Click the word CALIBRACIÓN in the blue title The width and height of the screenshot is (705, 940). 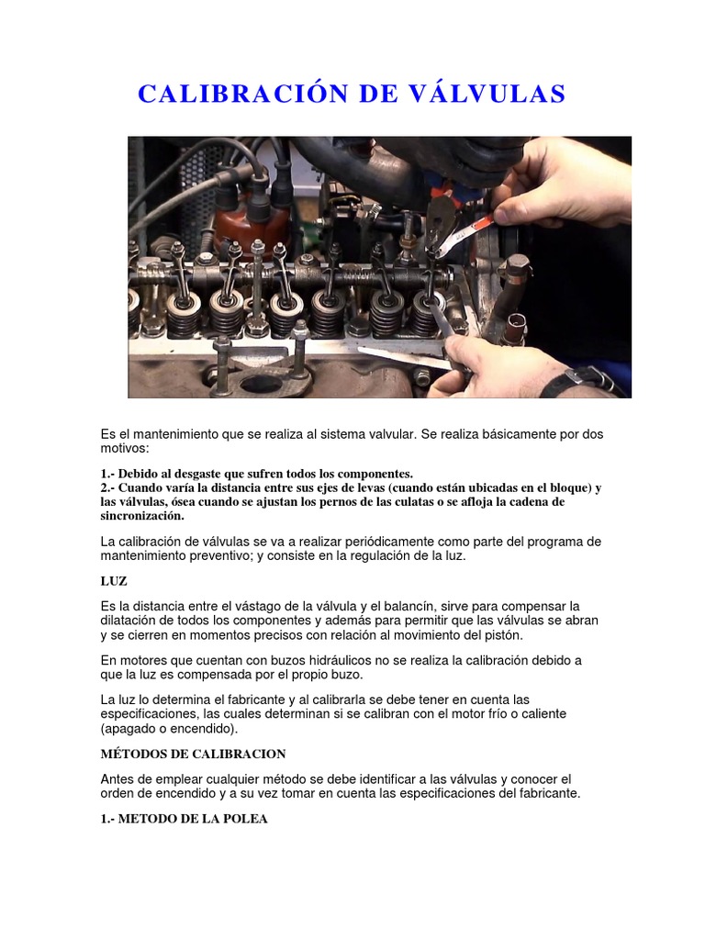pos(243,94)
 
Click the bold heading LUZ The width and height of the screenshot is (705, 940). pos(114,581)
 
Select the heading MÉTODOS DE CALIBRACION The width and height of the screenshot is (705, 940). pos(193,754)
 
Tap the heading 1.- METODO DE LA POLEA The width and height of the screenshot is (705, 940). pos(184,818)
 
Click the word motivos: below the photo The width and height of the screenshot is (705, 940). pos(125,448)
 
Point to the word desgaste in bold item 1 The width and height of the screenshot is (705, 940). pos(198,475)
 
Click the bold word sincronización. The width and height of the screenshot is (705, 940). pos(142,515)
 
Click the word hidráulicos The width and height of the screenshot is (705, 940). pos(340,661)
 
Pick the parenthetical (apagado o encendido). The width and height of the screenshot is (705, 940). pos(169,729)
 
